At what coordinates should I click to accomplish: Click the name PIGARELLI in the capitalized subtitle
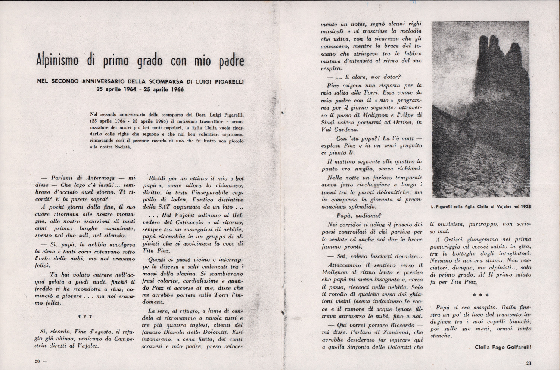point(228,82)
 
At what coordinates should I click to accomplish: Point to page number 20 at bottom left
point(37,361)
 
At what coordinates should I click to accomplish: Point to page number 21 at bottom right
point(528,363)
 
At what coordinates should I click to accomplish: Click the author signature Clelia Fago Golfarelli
point(503,347)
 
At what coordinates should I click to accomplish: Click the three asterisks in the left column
point(85,317)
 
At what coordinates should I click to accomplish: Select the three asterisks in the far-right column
point(479,295)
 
